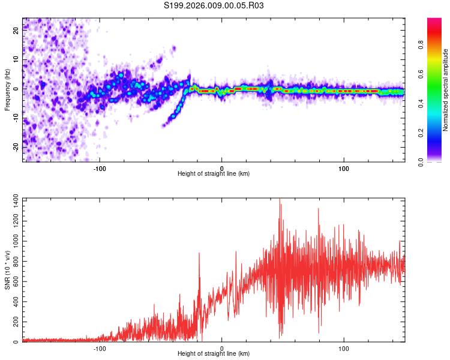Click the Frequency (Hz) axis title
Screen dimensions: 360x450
7,90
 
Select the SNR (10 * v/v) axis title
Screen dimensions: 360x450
7,270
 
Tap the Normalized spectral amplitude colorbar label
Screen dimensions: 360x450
445,90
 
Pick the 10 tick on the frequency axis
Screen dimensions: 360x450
16,59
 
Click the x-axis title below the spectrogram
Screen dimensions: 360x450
214,173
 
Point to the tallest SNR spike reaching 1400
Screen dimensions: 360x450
280,200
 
